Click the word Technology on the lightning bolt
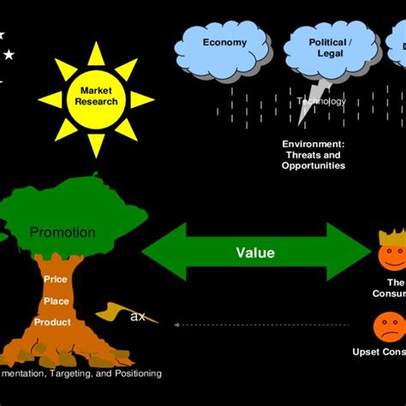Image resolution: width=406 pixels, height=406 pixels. (x=321, y=101)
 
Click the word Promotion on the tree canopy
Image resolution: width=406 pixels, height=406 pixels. (x=62, y=232)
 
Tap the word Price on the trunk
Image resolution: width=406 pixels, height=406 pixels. (x=55, y=279)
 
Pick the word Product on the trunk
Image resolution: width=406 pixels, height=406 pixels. (x=52, y=322)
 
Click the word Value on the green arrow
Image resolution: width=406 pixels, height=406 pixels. (x=254, y=253)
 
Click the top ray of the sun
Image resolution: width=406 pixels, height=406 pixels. (x=96, y=53)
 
